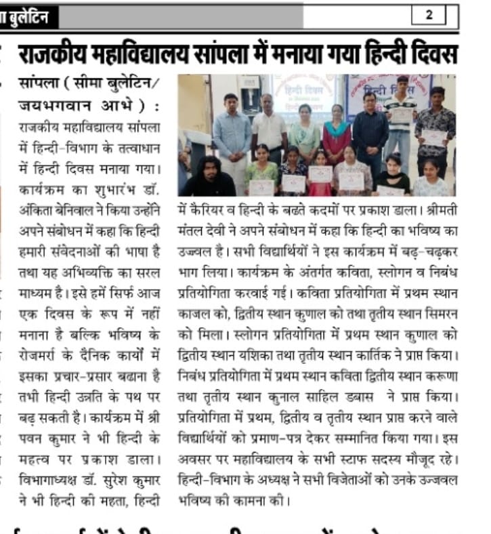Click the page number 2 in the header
point(430,15)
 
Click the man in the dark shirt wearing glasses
point(370,132)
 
